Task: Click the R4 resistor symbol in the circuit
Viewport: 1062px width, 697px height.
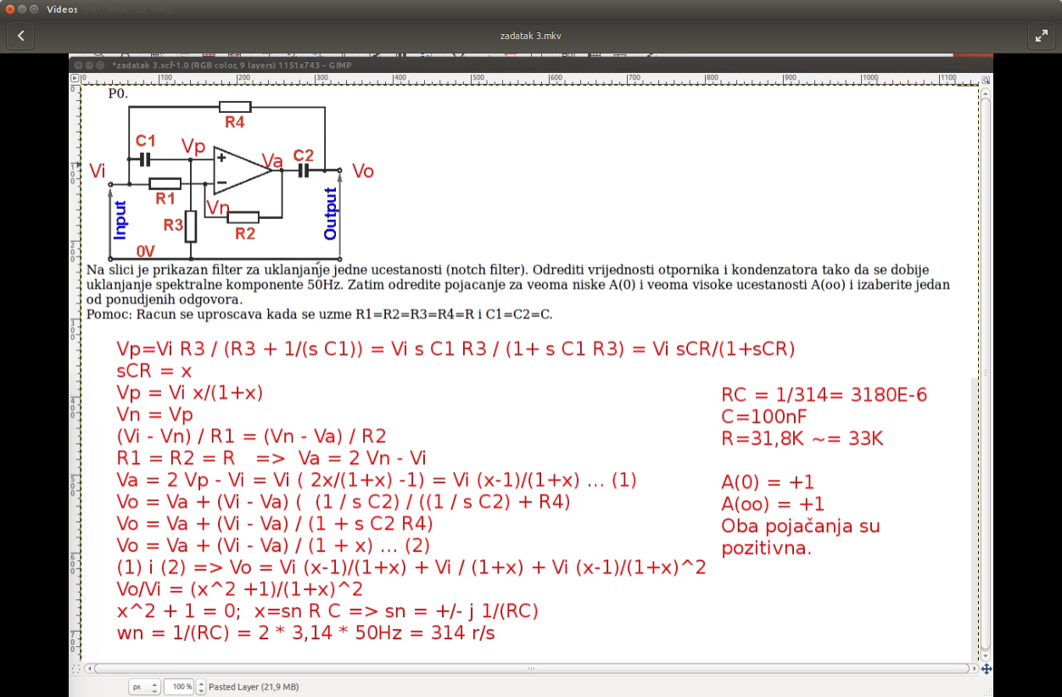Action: [x=235, y=107]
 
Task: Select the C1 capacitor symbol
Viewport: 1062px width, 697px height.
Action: [x=145, y=160]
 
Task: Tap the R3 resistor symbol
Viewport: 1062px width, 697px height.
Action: [x=191, y=227]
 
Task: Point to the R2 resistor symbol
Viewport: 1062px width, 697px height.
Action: [x=243, y=218]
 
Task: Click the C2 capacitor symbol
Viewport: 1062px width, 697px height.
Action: [x=304, y=171]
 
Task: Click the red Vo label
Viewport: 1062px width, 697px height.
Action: [x=363, y=171]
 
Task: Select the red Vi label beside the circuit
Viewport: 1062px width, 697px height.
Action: [x=98, y=171]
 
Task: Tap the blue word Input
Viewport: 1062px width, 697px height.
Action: [x=120, y=220]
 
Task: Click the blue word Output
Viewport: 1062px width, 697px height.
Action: [x=330, y=213]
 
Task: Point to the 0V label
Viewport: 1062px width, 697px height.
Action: [x=146, y=251]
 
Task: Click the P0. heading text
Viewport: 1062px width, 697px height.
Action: [x=118, y=93]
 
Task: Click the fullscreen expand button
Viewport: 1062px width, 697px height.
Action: [x=1041, y=36]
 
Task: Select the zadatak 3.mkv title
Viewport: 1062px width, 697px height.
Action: [x=530, y=36]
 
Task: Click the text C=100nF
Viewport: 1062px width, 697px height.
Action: [x=763, y=417]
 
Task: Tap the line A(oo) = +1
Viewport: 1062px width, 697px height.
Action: [x=773, y=504]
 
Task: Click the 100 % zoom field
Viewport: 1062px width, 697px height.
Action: [x=179, y=687]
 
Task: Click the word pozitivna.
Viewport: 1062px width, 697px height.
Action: [x=767, y=548]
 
